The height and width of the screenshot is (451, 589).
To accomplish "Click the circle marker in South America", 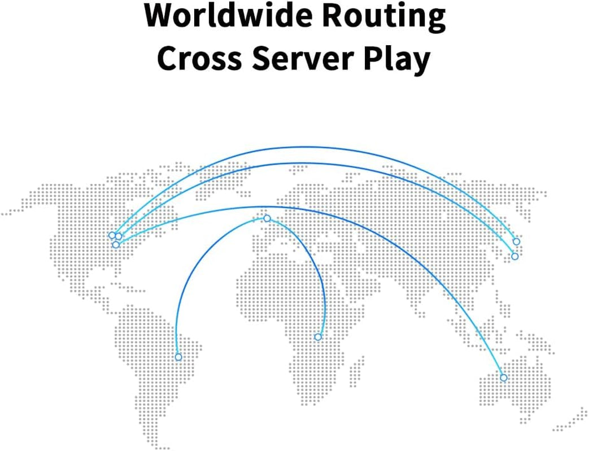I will tap(178, 357).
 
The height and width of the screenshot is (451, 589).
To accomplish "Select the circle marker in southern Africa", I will tap(318, 337).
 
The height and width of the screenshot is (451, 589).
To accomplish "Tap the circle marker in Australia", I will tap(504, 378).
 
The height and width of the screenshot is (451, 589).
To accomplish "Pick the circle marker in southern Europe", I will tap(267, 218).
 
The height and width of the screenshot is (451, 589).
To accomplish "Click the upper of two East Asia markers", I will tap(516, 242).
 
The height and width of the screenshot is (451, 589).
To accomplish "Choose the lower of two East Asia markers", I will tap(514, 257).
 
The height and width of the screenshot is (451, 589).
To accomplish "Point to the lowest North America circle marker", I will tap(116, 245).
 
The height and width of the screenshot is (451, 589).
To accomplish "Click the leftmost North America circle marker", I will tap(112, 235).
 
